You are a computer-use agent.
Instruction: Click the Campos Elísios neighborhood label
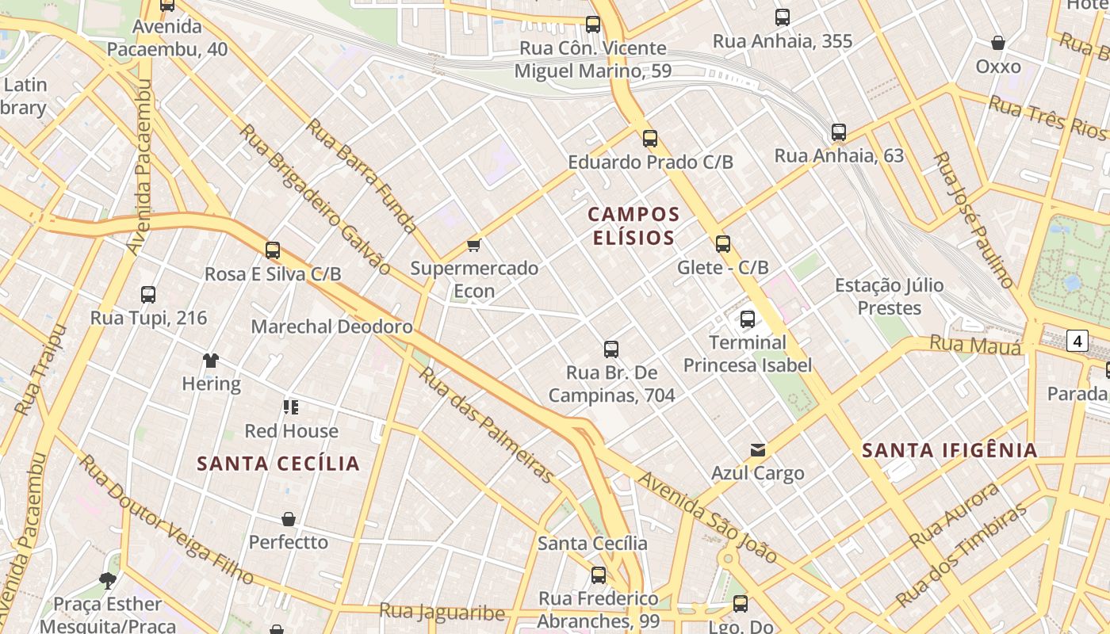point(633,226)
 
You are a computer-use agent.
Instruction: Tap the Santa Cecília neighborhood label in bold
point(278,464)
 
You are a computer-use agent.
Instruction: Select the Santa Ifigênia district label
point(949,451)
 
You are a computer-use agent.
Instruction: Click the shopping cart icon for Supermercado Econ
point(474,245)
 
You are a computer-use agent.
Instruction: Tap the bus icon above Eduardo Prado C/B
point(650,139)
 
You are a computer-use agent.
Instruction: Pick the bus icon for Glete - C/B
point(722,244)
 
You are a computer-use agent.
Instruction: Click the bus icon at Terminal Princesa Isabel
point(747,319)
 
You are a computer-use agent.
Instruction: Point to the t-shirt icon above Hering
point(210,361)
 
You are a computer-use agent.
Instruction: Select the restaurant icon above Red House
point(291,407)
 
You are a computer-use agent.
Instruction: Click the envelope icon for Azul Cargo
point(758,450)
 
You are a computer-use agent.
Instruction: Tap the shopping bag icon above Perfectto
point(289,519)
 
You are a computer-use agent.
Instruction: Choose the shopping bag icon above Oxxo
point(998,43)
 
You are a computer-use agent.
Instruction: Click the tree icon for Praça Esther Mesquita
point(108,581)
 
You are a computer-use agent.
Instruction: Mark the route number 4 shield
point(1077,342)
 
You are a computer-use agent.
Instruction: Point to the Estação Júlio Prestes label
point(890,296)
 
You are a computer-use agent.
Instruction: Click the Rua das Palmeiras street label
point(485,424)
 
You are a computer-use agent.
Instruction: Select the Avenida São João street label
point(707,517)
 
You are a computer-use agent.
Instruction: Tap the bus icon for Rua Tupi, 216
point(148,295)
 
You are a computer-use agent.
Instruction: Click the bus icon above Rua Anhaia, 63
point(839,132)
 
